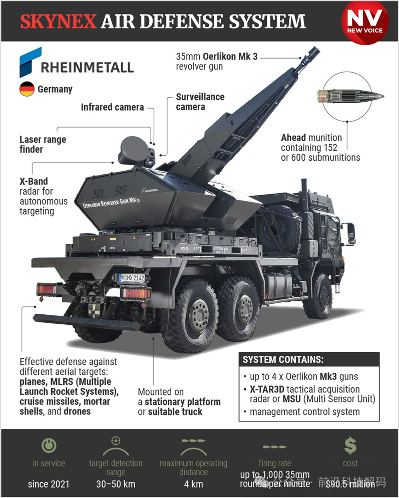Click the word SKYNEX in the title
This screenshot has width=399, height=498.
click(x=58, y=22)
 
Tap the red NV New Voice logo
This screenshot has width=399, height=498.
click(x=364, y=21)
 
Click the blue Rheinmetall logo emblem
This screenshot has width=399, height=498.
click(x=30, y=62)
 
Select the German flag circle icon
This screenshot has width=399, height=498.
click(x=27, y=90)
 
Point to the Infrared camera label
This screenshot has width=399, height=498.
click(x=112, y=107)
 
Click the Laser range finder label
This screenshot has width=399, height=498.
click(x=43, y=144)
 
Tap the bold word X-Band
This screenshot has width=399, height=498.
click(x=34, y=181)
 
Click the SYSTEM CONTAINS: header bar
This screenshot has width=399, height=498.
click(x=308, y=360)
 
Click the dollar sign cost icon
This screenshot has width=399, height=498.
click(x=350, y=445)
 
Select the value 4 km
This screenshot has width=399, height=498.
click(x=193, y=483)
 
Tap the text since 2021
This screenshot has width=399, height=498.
click(x=49, y=483)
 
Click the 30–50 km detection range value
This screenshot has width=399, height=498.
click(x=116, y=483)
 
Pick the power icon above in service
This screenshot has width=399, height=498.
click(x=49, y=445)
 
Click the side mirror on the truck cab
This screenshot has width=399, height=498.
click(x=351, y=233)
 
